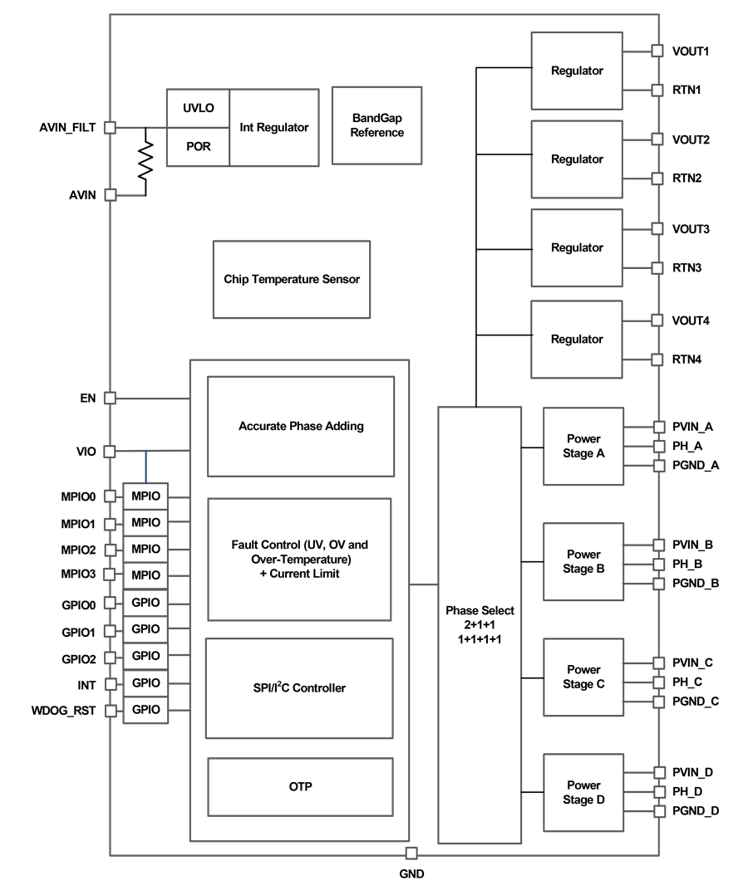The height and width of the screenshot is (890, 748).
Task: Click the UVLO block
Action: [198, 108]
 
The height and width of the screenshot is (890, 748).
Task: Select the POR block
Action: [198, 146]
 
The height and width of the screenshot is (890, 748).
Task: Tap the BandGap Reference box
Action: [376, 125]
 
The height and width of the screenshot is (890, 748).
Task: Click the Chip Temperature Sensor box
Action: [292, 279]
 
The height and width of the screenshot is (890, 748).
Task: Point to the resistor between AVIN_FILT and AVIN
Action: [145, 160]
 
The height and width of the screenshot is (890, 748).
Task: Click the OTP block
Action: [300, 787]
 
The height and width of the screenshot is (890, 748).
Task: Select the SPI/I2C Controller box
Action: [299, 688]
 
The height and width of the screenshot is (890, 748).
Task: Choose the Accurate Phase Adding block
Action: [301, 426]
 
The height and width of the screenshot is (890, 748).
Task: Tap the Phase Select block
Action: [480, 624]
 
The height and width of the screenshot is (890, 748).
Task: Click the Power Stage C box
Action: [583, 677]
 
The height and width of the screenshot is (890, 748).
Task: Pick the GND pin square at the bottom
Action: [411, 853]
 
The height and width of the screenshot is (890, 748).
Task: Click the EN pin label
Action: [88, 399]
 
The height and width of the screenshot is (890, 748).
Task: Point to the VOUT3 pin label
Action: [691, 229]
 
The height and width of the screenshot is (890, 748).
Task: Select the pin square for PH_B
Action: [659, 565]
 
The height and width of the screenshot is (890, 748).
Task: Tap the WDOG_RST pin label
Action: [64, 711]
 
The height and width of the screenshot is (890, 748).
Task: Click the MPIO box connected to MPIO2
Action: [145, 549]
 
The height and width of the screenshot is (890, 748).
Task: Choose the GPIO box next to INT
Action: [145, 682]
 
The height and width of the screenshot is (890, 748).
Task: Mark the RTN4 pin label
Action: [686, 359]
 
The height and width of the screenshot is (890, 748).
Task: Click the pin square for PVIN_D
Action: [659, 772]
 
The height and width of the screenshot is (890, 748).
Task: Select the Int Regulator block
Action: [274, 128]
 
